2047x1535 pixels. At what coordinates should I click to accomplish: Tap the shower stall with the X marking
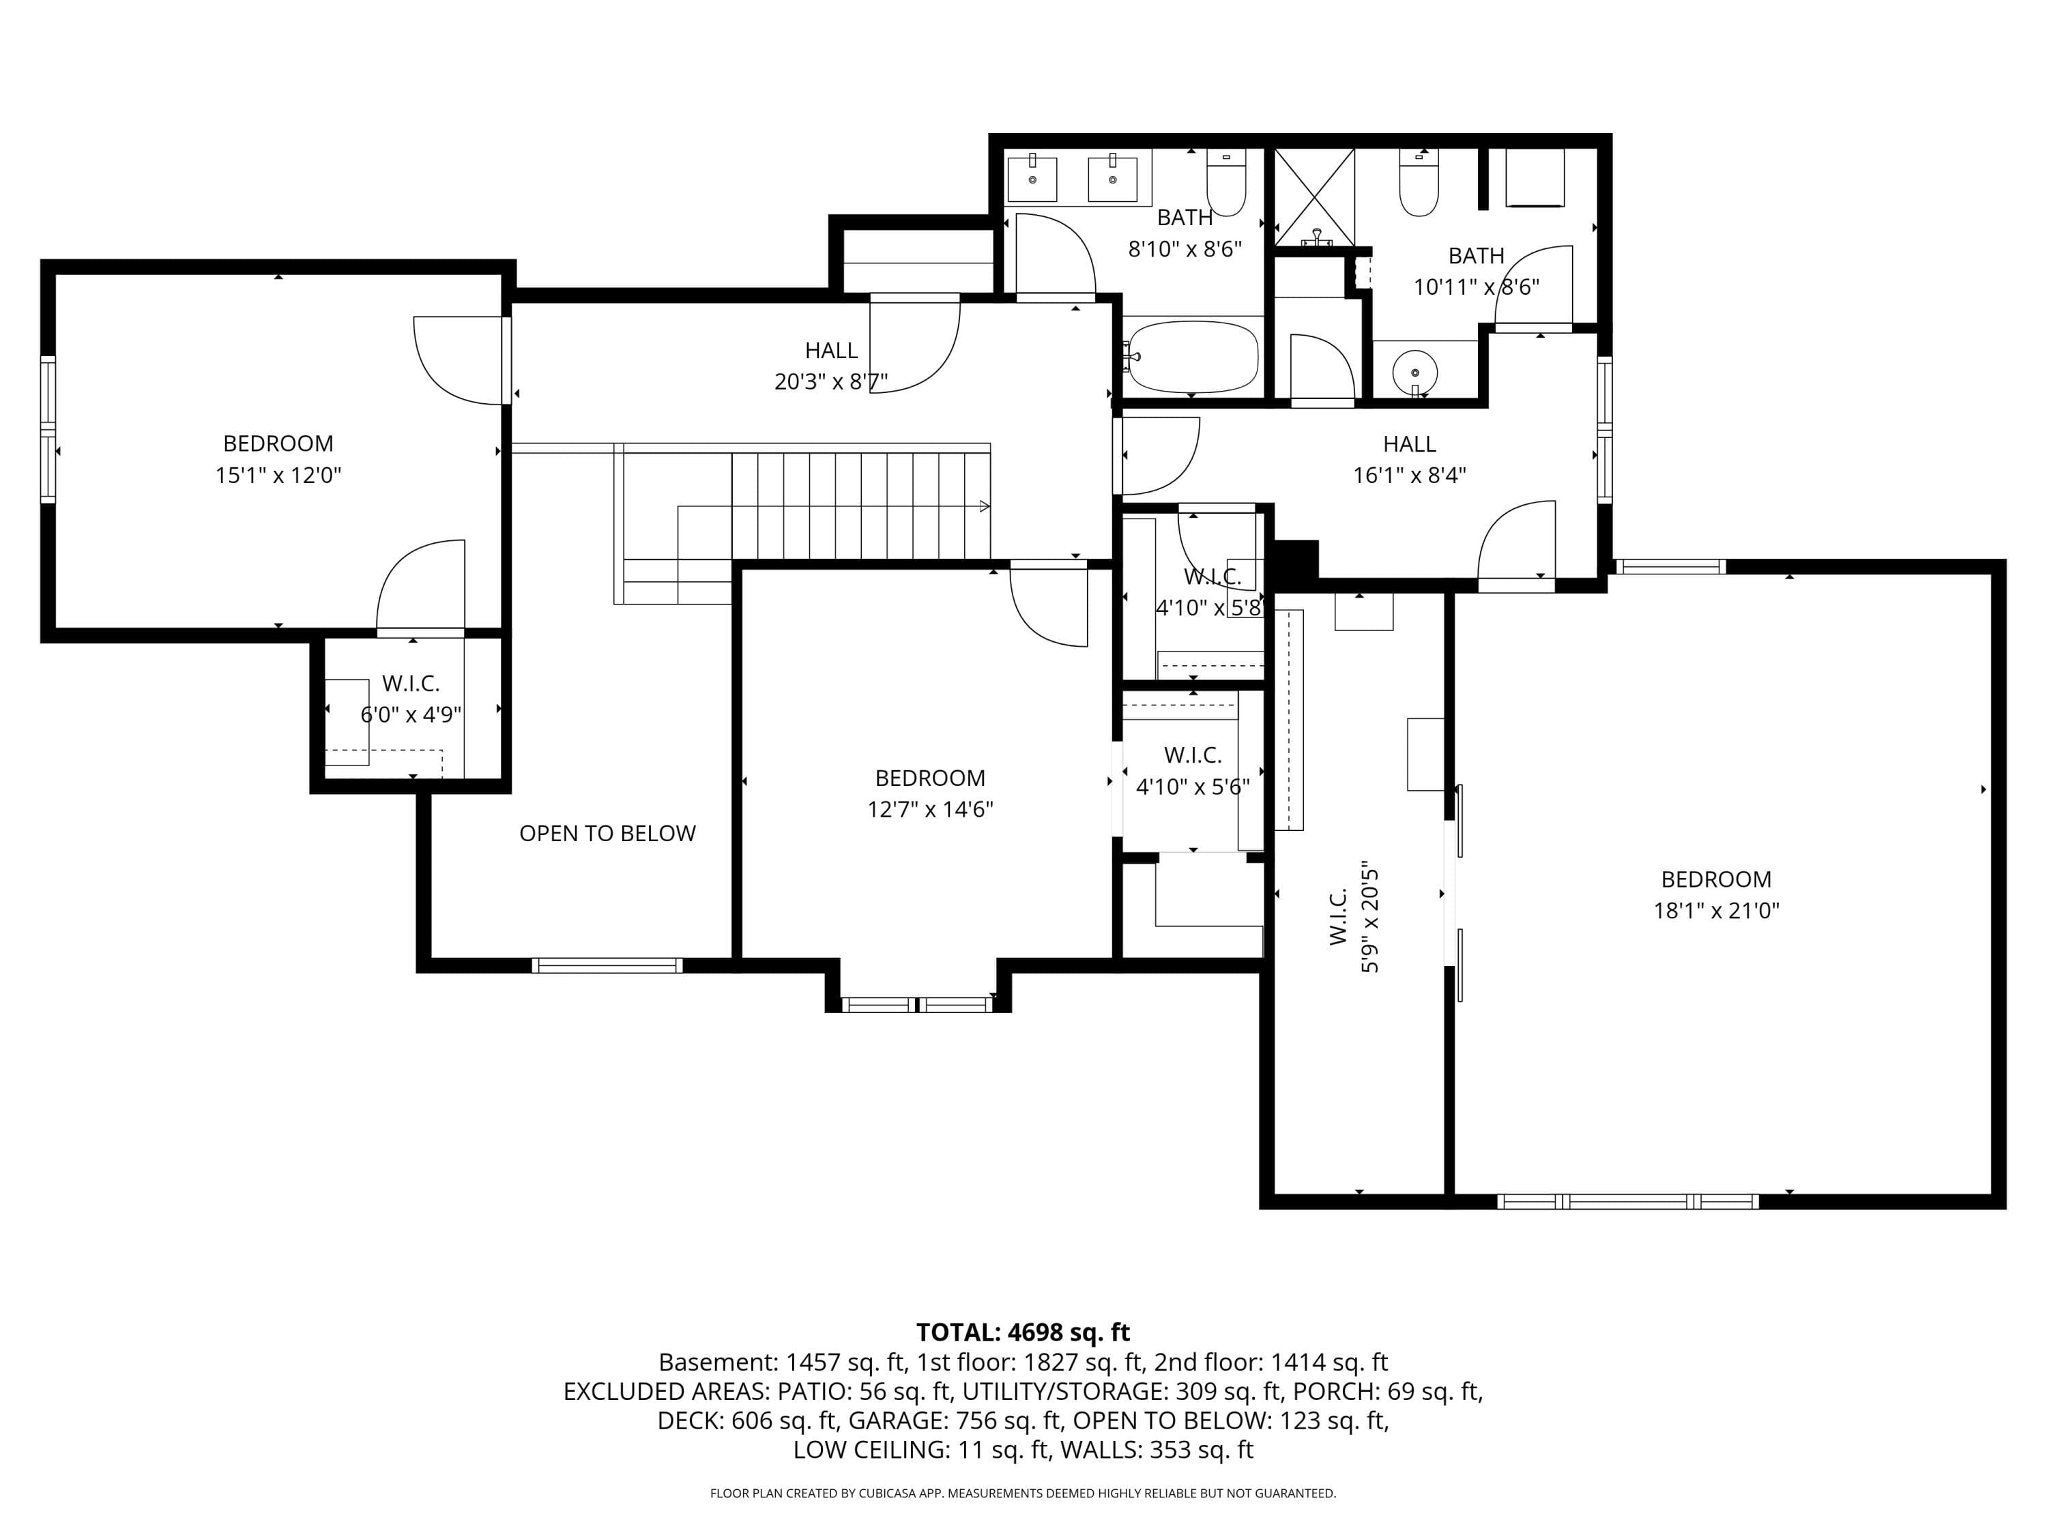(x=1315, y=197)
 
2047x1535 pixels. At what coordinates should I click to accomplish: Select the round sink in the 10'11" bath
(x=1415, y=372)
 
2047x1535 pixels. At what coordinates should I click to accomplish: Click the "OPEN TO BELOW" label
(x=607, y=834)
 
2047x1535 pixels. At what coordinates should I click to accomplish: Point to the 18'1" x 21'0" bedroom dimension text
(x=1717, y=911)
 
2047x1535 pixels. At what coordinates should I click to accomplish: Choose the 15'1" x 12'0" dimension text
(x=278, y=476)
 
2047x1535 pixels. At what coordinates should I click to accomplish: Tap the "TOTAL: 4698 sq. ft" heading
(x=1023, y=1332)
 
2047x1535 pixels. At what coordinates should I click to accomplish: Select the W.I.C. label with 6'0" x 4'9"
(x=411, y=684)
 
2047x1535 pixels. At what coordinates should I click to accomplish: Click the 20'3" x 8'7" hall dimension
(x=831, y=382)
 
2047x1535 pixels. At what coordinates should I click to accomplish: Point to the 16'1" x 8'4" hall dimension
(x=1410, y=476)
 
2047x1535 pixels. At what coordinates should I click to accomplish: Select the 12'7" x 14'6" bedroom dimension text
(x=930, y=810)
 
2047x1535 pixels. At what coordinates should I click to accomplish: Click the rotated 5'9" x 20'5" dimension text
(x=1369, y=920)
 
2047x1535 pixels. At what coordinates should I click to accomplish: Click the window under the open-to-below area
(x=607, y=966)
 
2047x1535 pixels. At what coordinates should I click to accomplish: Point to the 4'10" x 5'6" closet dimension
(x=1193, y=787)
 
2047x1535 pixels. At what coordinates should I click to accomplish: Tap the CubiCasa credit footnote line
(x=1023, y=1493)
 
